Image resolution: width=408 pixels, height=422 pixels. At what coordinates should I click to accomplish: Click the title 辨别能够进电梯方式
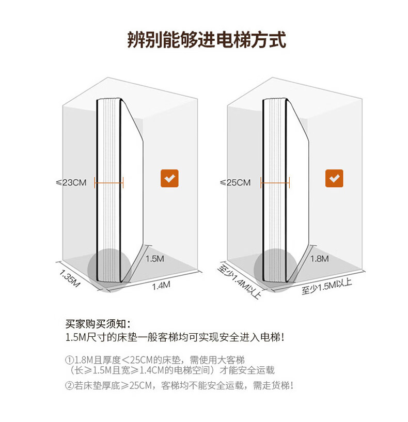pyautogui.click(x=207, y=40)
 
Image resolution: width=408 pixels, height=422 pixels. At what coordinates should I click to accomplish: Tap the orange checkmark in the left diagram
pyautogui.click(x=169, y=178)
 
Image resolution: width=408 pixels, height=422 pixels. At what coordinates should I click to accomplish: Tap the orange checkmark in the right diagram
pyautogui.click(x=334, y=178)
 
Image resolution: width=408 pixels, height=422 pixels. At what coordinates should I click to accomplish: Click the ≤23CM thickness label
pyautogui.click(x=71, y=182)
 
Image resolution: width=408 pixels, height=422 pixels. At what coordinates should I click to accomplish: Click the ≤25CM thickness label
pyautogui.click(x=236, y=182)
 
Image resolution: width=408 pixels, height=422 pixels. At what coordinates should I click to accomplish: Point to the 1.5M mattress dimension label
pyautogui.click(x=154, y=258)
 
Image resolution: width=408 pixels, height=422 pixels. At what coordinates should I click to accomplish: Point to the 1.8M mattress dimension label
pyautogui.click(x=319, y=258)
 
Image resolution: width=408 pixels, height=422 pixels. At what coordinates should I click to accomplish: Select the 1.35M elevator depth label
pyautogui.click(x=70, y=279)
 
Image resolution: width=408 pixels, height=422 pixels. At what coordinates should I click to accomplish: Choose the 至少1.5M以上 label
pyautogui.click(x=327, y=286)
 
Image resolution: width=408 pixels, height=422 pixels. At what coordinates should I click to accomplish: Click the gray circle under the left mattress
pyautogui.click(x=107, y=270)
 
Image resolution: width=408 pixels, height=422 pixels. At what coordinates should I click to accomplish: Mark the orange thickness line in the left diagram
pyautogui.click(x=109, y=182)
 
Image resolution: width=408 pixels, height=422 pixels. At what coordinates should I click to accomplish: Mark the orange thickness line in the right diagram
pyautogui.click(x=275, y=182)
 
